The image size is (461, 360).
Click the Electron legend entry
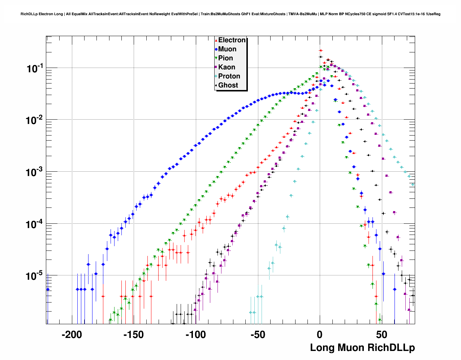[x=232, y=40]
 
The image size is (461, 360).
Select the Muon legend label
[x=227, y=49]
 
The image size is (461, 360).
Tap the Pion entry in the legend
[x=225, y=58]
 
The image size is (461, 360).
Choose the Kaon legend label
[x=227, y=67]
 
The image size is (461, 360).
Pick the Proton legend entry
[x=229, y=76]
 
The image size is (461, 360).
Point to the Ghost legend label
[x=228, y=85]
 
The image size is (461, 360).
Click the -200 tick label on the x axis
[x=72, y=335]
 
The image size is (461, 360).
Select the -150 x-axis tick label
[x=134, y=335]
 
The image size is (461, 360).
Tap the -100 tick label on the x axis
[x=195, y=335]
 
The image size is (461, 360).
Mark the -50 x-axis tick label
[x=258, y=335]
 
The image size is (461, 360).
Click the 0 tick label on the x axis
[x=320, y=335]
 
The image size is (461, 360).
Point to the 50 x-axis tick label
[x=382, y=335]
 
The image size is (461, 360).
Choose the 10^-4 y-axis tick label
[x=35, y=224]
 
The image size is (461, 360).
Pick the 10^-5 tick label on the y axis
[x=35, y=276]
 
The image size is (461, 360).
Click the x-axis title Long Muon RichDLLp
[x=362, y=348]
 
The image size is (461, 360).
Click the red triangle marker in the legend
[x=216, y=40]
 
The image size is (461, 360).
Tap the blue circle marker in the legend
[x=216, y=50]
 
